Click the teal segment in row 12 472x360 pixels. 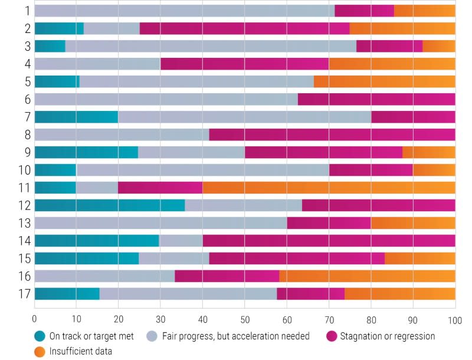click(110, 205)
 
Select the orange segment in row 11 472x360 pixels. click(329, 188)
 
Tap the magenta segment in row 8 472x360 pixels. click(332, 135)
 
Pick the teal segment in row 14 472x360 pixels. click(97, 241)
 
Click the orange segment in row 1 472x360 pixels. click(425, 11)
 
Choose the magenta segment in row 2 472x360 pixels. click(245, 28)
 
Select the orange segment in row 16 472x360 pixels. click(367, 276)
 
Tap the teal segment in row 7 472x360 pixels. click(76, 117)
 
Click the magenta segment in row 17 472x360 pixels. click(311, 294)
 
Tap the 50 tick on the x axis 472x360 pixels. click(245, 319)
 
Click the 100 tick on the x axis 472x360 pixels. click(455, 319)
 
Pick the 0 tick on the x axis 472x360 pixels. click(35, 319)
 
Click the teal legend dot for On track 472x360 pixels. click(40, 336)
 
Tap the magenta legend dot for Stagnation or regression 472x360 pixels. click(332, 336)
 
